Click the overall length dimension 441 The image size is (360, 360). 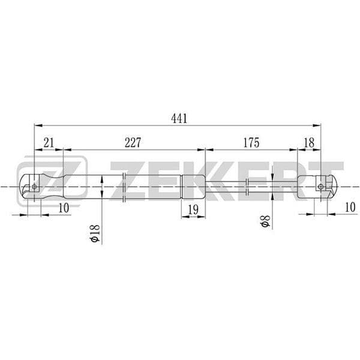(x=179, y=118)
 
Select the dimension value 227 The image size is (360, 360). (x=133, y=143)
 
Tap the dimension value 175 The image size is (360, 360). (x=251, y=143)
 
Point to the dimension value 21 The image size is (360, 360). (x=49, y=143)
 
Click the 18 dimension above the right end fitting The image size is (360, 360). (x=309, y=143)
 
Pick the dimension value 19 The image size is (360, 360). (x=193, y=209)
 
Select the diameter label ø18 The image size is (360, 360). (x=95, y=233)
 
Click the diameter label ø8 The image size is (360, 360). (x=266, y=221)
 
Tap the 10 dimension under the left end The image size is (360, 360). (x=64, y=208)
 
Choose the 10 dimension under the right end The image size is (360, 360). (x=350, y=208)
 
